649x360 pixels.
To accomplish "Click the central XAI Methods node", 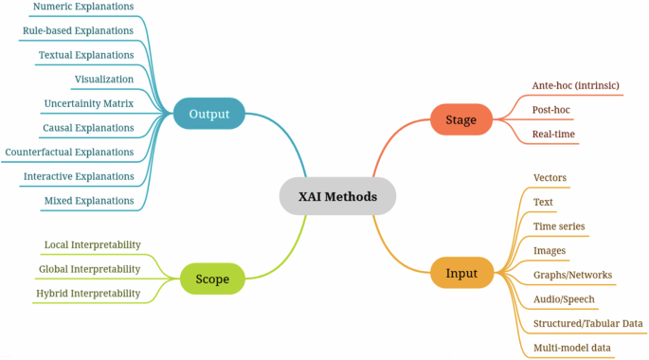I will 337,197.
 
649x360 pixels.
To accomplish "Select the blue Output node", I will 208,115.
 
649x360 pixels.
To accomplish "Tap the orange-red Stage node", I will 460,120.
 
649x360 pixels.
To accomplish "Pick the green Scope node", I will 212,279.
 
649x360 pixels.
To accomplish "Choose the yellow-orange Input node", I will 461,274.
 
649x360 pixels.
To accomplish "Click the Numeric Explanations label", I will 83,7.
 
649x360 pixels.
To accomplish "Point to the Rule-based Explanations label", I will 78,30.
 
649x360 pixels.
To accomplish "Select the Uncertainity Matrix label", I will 89,103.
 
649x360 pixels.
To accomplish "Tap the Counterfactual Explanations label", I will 69,152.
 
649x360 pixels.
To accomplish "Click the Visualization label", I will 104,79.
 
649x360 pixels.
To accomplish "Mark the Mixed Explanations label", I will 89,201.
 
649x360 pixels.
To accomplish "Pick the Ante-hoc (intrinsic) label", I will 576,85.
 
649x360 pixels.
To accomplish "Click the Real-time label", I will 554,135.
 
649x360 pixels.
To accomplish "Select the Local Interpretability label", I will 92,244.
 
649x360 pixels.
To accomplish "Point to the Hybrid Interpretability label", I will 88,294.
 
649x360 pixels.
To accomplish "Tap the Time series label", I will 559,226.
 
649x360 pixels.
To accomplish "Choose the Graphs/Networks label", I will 572,275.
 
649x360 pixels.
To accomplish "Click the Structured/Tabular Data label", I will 588,324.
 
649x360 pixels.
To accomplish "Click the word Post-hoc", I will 551,110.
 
